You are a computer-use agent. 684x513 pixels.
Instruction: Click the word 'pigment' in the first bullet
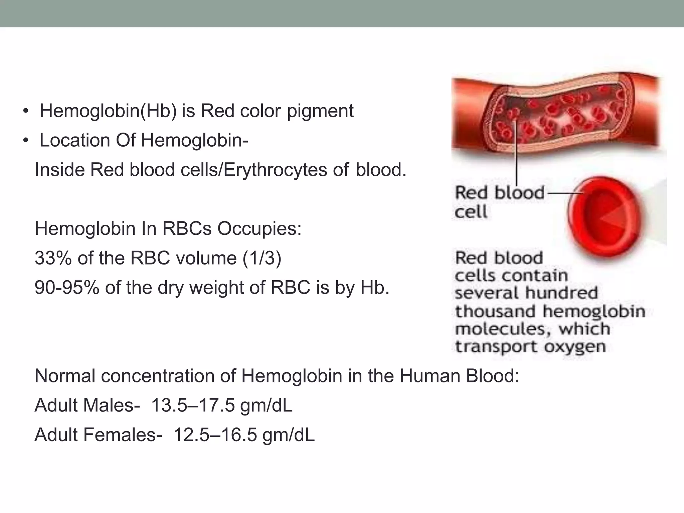click(x=320, y=111)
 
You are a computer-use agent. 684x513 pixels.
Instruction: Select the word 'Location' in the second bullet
click(x=75, y=140)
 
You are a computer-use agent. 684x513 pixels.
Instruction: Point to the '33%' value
click(x=53, y=258)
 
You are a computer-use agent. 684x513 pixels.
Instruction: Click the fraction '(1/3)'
click(x=262, y=258)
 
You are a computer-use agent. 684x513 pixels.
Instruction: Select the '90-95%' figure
click(x=67, y=288)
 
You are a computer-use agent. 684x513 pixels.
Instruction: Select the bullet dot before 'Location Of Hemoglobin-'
click(x=26, y=141)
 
